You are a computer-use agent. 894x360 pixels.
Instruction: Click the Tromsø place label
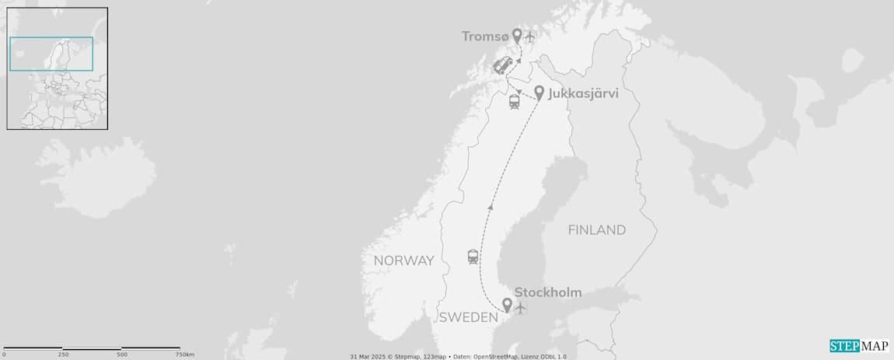(x=485, y=37)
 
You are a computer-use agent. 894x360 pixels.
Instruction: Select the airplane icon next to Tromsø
(x=531, y=37)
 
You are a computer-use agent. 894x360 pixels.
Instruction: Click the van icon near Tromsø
(x=503, y=66)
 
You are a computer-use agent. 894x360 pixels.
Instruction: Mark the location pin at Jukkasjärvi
(x=539, y=92)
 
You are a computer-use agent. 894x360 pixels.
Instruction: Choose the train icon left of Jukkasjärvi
(x=514, y=102)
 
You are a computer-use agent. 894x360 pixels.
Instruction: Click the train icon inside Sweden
(x=473, y=257)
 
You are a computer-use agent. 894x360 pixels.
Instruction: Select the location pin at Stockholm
(x=507, y=305)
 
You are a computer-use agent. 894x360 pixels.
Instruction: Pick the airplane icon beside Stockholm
(x=521, y=308)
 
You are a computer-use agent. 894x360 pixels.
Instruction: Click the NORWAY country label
(x=403, y=260)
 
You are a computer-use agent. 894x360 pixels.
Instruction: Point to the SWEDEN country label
(x=468, y=318)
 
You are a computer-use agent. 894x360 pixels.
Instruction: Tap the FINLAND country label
(x=596, y=230)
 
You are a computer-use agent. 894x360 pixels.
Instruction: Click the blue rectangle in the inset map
(x=51, y=54)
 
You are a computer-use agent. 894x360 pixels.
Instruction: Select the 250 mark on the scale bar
(x=63, y=354)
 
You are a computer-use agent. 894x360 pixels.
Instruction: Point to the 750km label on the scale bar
(x=184, y=354)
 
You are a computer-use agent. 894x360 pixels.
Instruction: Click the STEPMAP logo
(x=858, y=347)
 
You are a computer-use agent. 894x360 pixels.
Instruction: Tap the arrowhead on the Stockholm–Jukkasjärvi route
(x=490, y=207)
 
